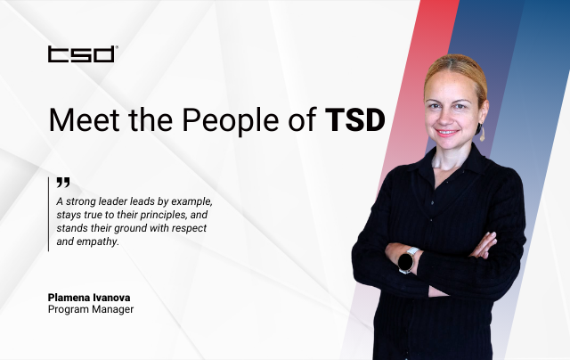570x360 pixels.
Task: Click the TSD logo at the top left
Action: pos(81,54)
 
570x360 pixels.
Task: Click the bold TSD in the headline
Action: pos(354,119)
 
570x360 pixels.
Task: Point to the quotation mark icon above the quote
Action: pos(62,183)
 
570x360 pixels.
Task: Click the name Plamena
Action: pos(77,296)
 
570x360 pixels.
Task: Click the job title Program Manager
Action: pos(90,309)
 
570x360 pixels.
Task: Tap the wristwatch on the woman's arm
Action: pos(405,260)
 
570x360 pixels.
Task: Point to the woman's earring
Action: pos(482,134)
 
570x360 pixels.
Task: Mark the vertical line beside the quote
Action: pos(48,214)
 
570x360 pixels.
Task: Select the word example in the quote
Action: pos(191,201)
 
